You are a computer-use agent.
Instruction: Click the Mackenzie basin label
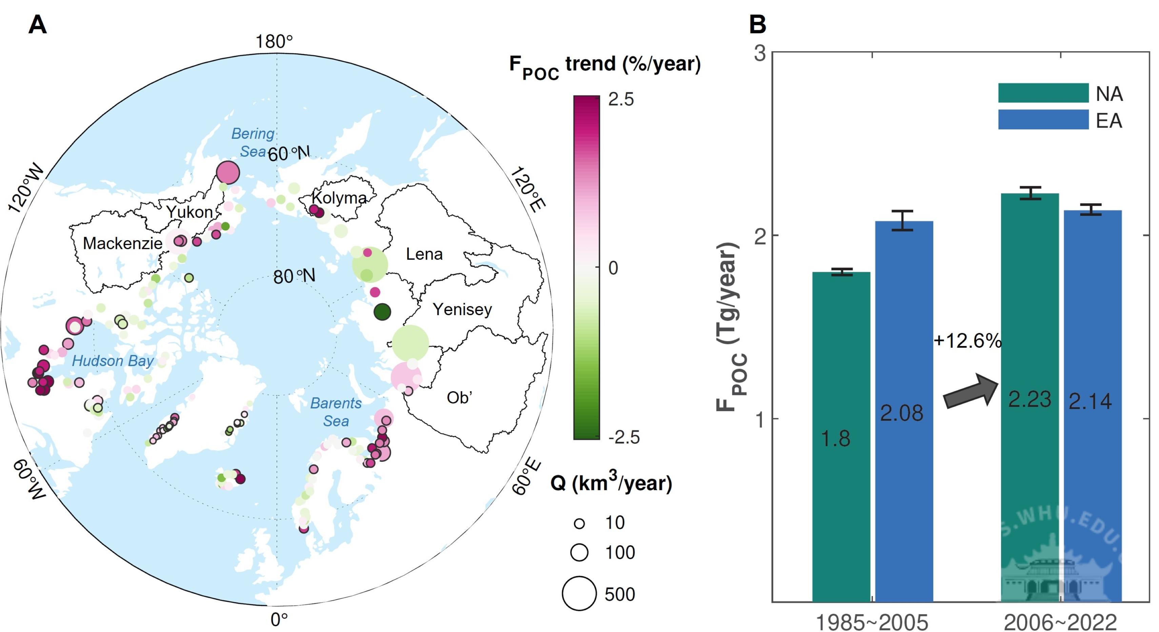pos(122,244)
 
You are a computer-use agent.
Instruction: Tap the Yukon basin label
pos(189,212)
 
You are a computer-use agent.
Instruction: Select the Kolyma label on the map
pos(339,198)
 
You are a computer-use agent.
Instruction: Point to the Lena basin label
pos(424,254)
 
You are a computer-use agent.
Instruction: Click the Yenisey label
pos(462,309)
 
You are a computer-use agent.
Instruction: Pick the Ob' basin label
pos(459,398)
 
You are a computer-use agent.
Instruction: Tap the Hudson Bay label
pos(113,361)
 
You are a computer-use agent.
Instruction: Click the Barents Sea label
pos(336,412)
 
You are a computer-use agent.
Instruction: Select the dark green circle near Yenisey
pos(382,311)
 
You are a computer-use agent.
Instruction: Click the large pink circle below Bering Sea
pos(228,172)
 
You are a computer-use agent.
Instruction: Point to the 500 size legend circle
pos(579,593)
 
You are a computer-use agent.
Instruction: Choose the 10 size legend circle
pos(579,523)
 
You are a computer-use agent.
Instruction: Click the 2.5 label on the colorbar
pos(621,99)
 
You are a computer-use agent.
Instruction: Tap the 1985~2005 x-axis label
pos(872,623)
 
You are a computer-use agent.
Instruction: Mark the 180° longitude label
pos(274,41)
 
